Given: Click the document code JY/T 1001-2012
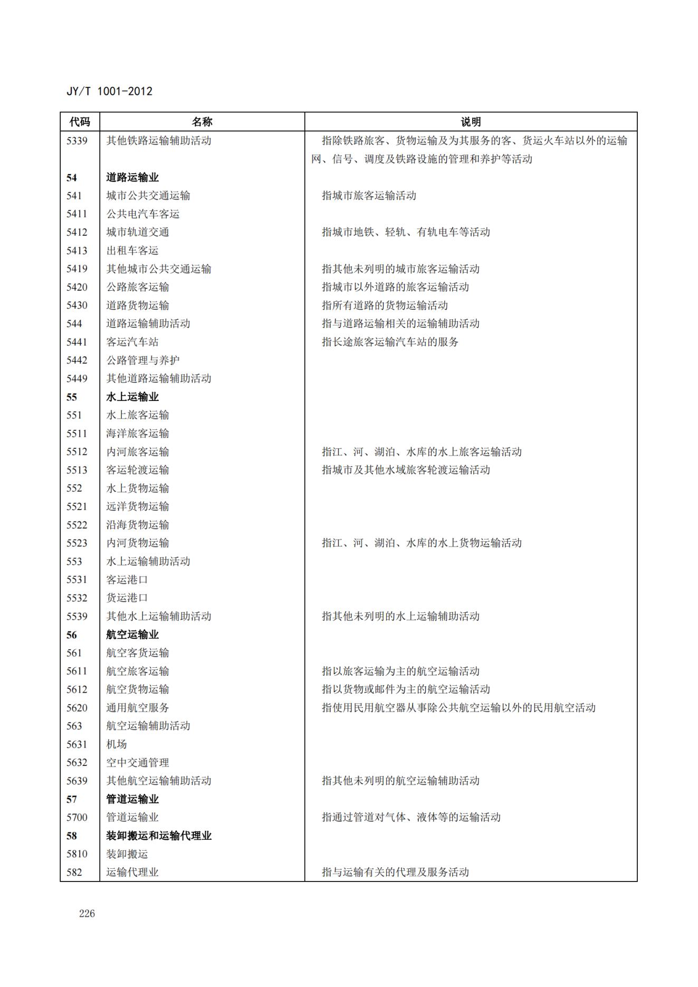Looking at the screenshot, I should point(109,91).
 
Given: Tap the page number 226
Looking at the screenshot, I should point(87,914).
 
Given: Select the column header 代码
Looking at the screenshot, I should point(80,122).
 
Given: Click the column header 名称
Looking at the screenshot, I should point(202,122).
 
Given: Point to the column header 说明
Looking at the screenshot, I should point(471,122).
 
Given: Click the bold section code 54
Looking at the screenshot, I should point(72,178).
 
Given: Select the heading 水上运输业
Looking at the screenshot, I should point(132,397).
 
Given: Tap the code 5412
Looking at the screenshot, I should point(77,232).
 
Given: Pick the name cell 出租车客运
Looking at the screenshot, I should point(132,251).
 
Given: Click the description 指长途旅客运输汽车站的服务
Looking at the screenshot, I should point(390,342).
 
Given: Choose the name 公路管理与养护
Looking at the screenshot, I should point(143,360).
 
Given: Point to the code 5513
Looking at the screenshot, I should point(77,470).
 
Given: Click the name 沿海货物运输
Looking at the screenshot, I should point(138,525).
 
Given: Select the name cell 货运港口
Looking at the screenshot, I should point(127,598).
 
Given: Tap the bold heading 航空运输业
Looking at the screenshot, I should point(132,635).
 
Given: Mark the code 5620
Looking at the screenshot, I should point(77,708).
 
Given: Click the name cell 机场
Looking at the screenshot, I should point(117,744).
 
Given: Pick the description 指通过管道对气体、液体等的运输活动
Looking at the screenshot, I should point(411,817).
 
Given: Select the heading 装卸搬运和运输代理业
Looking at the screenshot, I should point(159,836).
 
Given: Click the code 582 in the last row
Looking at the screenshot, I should point(74,872).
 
